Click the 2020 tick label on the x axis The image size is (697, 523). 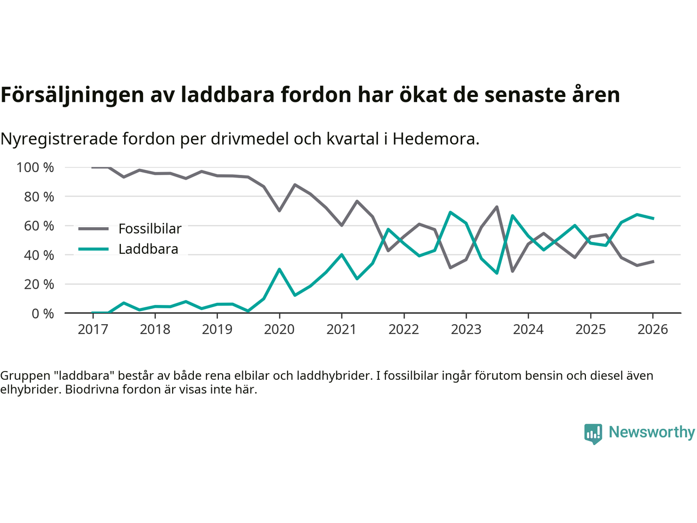pyautogui.click(x=279, y=330)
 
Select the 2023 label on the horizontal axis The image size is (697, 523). pyautogui.click(x=466, y=330)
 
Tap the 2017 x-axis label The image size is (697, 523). pyautogui.click(x=93, y=330)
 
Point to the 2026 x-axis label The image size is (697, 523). pyautogui.click(x=653, y=330)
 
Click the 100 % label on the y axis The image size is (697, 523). pyautogui.click(x=35, y=167)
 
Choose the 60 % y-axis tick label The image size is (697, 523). pyautogui.click(x=39, y=226)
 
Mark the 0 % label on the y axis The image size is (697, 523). pyautogui.click(x=42, y=313)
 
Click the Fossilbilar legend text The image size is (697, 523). pyautogui.click(x=150, y=229)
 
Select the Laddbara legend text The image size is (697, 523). pyautogui.click(x=148, y=250)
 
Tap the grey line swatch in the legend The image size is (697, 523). pyautogui.click(x=94, y=229)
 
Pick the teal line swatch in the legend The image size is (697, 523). pyautogui.click(x=94, y=250)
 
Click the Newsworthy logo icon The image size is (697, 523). pyautogui.click(x=593, y=434)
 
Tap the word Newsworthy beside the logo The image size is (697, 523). pyautogui.click(x=652, y=432)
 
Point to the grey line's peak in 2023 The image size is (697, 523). pyautogui.click(x=497, y=206)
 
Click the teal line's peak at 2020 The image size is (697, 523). pyautogui.click(x=279, y=269)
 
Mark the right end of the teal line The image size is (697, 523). pyautogui.click(x=653, y=218)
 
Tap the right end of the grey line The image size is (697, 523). pyautogui.click(x=653, y=261)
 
